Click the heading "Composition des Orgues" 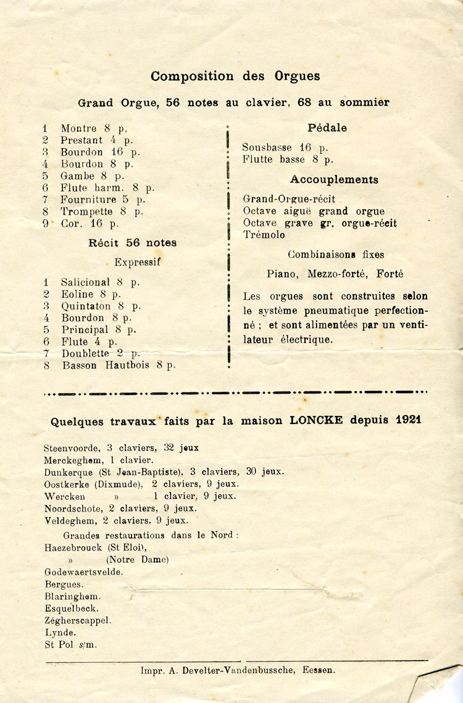tap(235, 77)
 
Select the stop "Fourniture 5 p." tap(102, 199)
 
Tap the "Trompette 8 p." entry tap(101, 211)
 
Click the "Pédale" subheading tap(327, 128)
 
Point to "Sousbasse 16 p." tap(285, 148)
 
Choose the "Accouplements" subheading tap(334, 180)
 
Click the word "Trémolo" tap(264, 235)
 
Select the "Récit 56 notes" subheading tap(132, 243)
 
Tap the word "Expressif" tap(137, 262)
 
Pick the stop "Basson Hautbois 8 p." tap(119, 365)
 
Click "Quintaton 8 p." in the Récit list tap(101, 306)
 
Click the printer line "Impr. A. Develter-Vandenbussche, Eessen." tap(238, 670)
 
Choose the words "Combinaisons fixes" tap(335, 254)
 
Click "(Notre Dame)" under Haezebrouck tap(137, 560)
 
